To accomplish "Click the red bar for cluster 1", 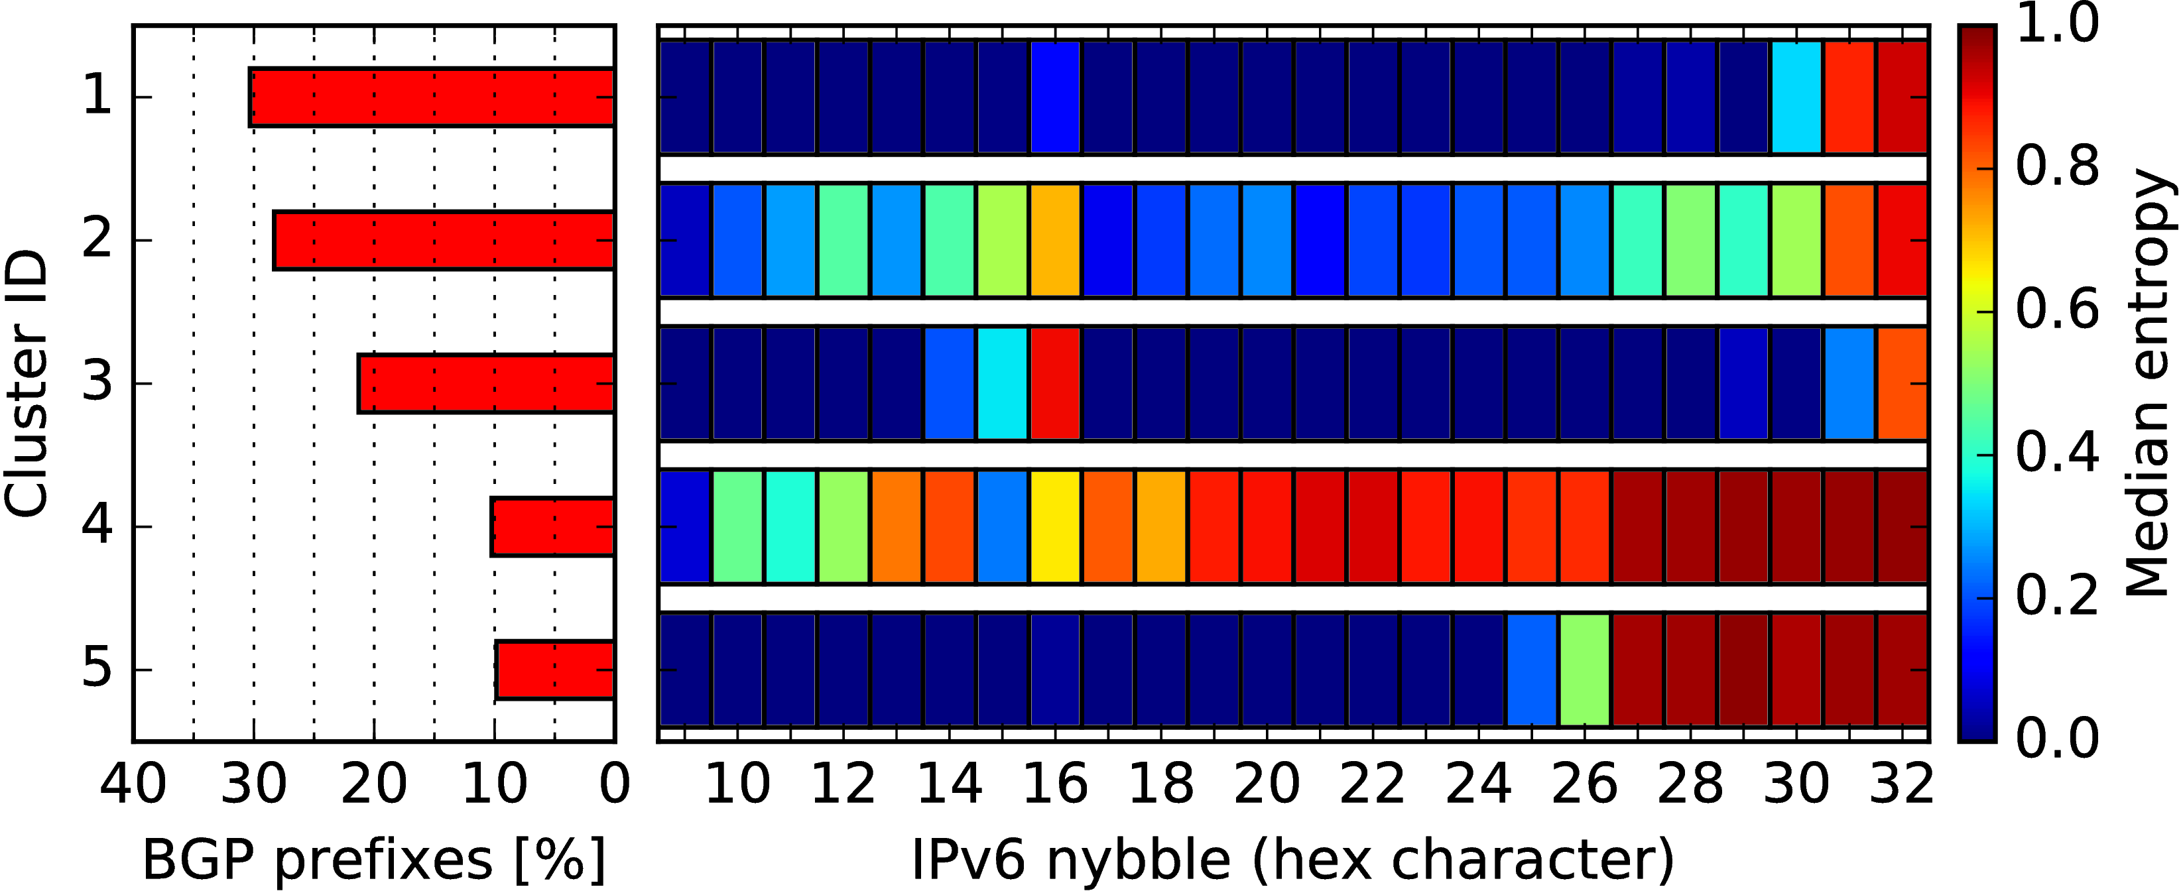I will point(432,97).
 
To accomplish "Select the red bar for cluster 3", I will point(487,384).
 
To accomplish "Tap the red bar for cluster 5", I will point(555,670).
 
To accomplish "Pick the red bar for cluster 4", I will point(552,527).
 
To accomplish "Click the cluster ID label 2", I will point(97,241).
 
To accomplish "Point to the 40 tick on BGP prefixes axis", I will point(133,784).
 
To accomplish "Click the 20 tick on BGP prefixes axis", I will point(374,784).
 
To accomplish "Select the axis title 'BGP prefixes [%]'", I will point(374,860).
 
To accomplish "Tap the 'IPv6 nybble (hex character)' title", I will point(1293,860).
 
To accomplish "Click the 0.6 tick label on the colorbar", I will point(2058,310).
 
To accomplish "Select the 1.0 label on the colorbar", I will point(2058,24).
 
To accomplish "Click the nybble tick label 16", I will point(1055,784).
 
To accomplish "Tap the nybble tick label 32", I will point(1902,784).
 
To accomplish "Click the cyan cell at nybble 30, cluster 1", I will point(1796,97).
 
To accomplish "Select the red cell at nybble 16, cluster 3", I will point(1055,384).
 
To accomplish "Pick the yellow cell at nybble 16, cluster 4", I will point(1055,527).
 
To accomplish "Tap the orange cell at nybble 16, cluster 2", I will point(1055,241).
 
